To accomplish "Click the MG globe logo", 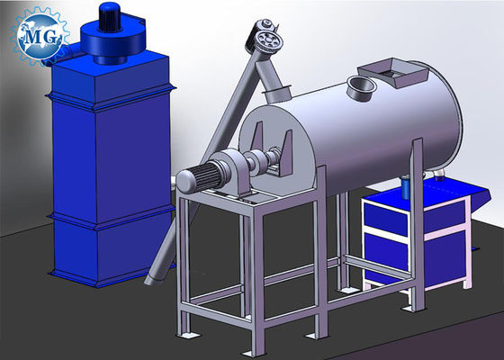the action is coord(40,36).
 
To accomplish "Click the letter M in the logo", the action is coord(32,37).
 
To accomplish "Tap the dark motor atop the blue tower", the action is coord(110,17).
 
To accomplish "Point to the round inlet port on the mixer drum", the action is coord(362,86).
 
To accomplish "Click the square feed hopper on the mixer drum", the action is coord(394,72).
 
